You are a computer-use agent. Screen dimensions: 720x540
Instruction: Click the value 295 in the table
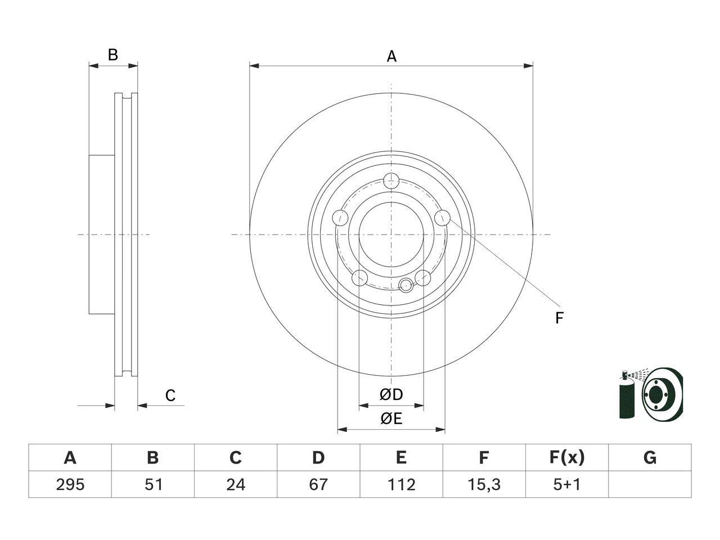point(70,484)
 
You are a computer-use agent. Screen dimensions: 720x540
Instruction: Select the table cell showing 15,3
point(484,484)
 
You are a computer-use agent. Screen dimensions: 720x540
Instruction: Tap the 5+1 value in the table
point(567,484)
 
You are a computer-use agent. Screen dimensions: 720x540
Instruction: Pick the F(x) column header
point(567,457)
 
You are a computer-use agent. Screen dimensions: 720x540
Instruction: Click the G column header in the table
point(650,457)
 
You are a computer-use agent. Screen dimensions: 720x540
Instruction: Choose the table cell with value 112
point(401,484)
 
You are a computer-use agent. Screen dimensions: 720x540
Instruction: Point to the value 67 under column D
point(318,484)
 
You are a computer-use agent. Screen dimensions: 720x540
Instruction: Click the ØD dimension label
point(391,395)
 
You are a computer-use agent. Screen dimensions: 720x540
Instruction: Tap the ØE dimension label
point(391,418)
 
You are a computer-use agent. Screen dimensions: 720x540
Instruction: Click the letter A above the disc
point(391,56)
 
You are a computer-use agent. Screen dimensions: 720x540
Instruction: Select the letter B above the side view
point(113,55)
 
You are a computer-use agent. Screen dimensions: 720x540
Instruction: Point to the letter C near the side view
point(170,395)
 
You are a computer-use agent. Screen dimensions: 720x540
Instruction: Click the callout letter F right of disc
point(559,318)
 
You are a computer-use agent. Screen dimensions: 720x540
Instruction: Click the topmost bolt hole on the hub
point(391,181)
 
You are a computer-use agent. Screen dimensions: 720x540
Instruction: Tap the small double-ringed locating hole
point(406,285)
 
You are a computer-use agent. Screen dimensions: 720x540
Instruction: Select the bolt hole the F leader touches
point(442,218)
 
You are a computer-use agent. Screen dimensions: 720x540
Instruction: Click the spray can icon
point(627,394)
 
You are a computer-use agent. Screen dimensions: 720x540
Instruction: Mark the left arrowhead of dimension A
point(254,66)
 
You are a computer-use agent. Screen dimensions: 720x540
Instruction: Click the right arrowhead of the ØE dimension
point(440,430)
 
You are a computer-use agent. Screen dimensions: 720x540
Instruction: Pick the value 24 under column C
point(236,484)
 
